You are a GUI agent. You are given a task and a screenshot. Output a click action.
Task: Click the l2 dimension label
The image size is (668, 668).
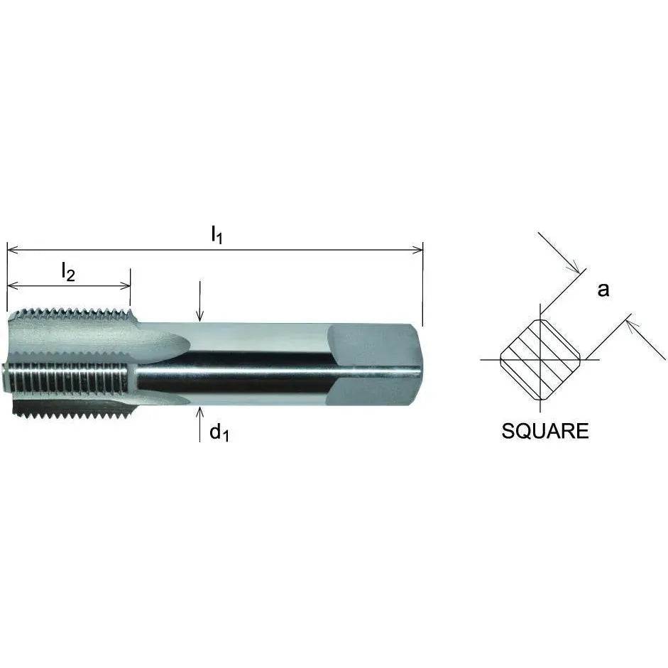coord(67,272)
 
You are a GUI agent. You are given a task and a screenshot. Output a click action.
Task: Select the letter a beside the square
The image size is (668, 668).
coord(603,290)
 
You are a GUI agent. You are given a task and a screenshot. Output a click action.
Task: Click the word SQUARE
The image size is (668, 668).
coord(545,431)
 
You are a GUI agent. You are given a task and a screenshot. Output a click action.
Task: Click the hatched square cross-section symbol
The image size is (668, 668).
coord(541,360)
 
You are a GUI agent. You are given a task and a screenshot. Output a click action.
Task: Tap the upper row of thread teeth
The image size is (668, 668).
coord(71,313)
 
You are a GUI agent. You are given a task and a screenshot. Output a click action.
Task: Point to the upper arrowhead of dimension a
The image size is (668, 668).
coord(576,268)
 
